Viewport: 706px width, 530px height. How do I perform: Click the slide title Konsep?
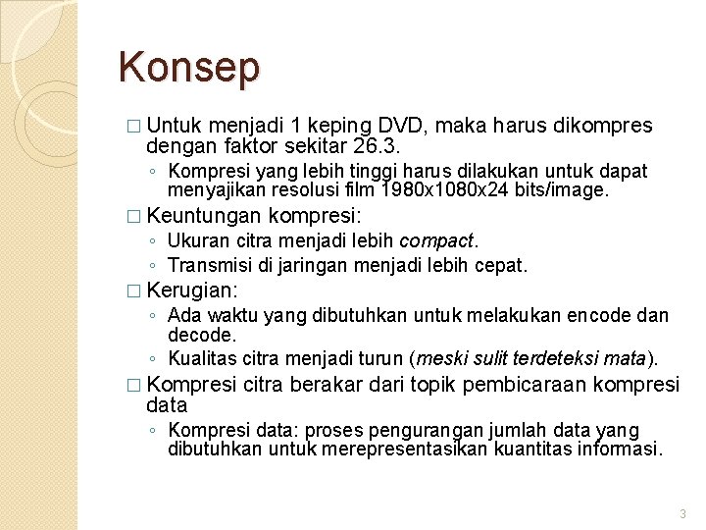[189, 68]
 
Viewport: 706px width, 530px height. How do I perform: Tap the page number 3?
[683, 513]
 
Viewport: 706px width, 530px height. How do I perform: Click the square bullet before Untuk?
[135, 128]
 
